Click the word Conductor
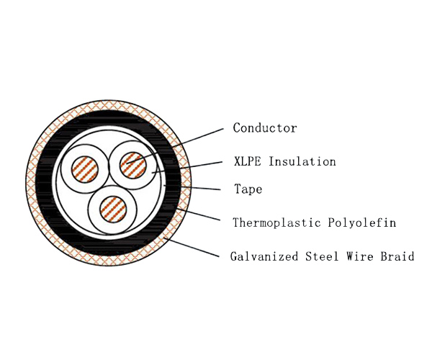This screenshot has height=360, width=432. (x=265, y=128)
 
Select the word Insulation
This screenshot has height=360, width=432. (x=302, y=161)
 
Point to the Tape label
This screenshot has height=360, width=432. (x=248, y=190)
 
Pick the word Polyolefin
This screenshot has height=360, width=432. (x=363, y=222)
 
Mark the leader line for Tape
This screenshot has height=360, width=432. (x=194, y=189)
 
